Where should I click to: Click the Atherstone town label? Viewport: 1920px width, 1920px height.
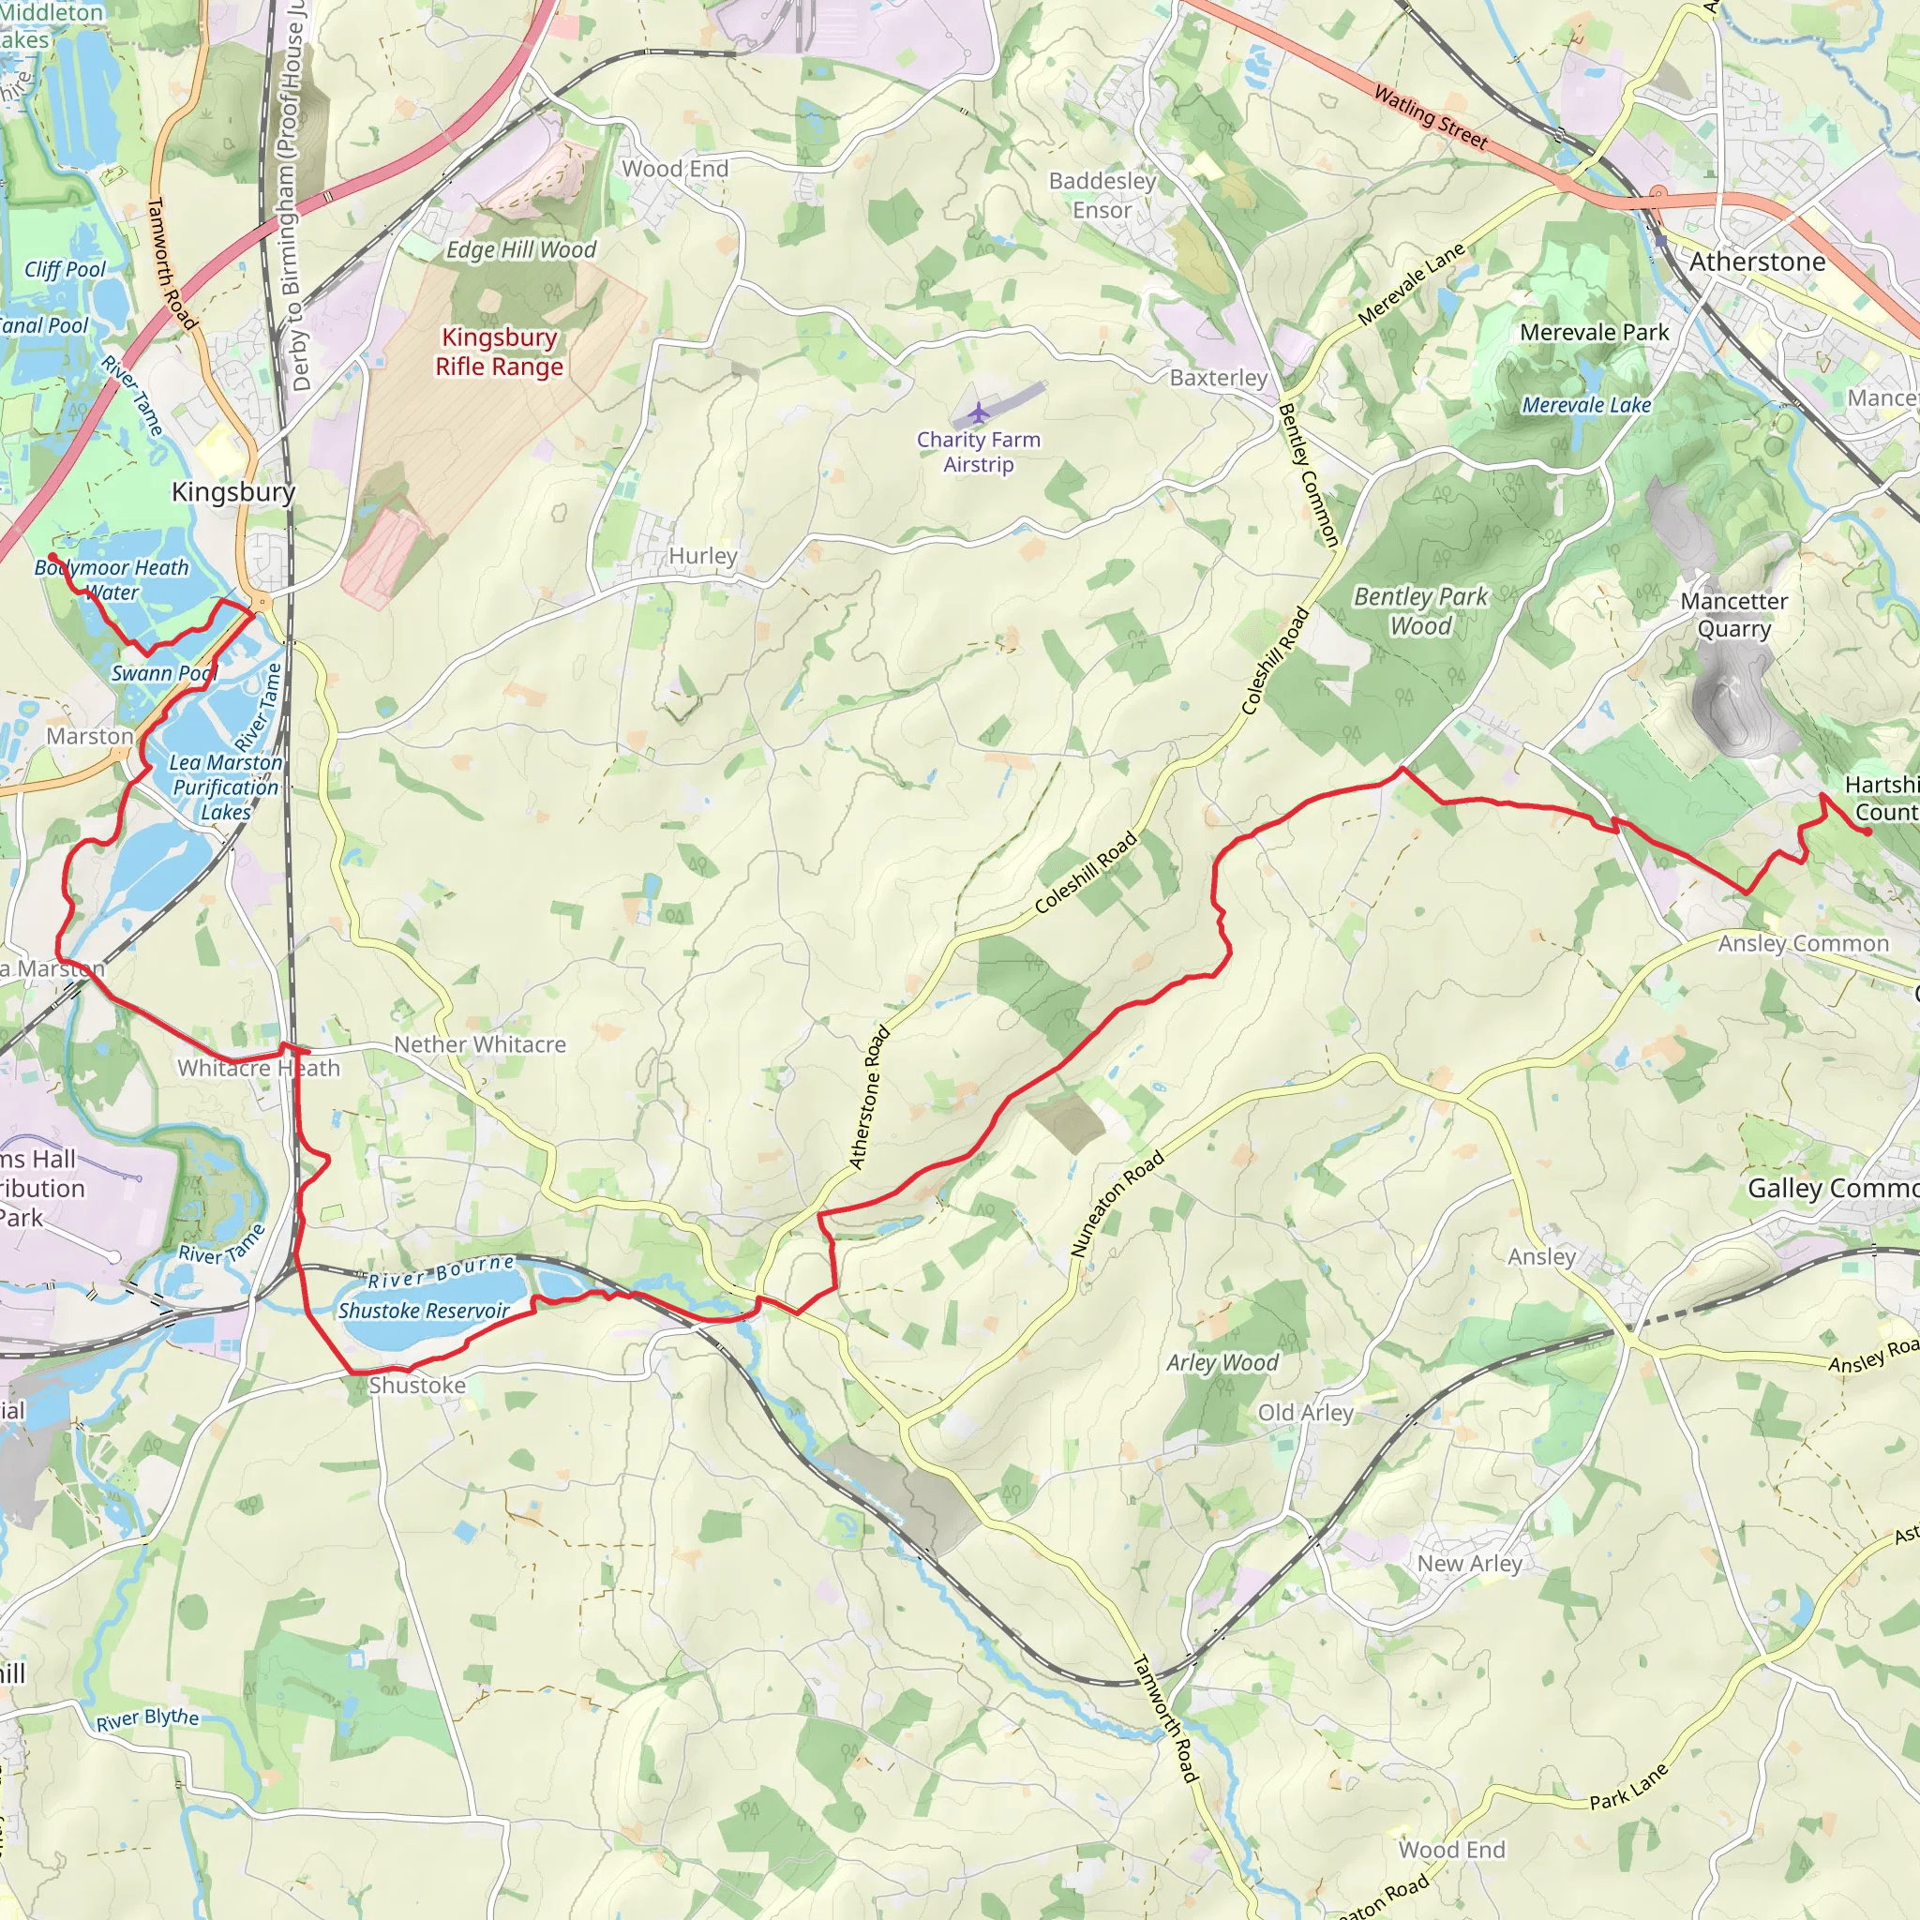point(1757,262)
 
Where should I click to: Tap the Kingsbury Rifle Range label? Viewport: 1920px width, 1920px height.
point(499,352)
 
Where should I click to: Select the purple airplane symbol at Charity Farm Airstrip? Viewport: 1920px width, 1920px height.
point(979,412)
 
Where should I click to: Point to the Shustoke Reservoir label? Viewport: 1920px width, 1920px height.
point(424,1310)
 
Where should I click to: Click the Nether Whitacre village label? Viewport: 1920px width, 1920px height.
point(480,1044)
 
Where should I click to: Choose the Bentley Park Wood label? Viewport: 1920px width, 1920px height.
point(1420,611)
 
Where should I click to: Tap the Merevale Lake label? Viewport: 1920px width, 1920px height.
point(1586,405)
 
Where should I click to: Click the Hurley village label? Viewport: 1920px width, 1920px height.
point(702,556)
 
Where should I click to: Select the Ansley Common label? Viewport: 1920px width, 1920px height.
point(1803,943)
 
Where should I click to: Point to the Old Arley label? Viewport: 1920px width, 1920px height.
point(1305,1413)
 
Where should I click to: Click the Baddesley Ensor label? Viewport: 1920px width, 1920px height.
point(1102,196)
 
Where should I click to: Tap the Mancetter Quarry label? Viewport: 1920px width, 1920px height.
point(1733,615)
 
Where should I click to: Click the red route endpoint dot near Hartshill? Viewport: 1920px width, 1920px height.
point(1868,832)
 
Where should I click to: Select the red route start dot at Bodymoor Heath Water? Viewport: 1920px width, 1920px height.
point(52,557)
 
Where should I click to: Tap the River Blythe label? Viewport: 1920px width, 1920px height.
point(147,1719)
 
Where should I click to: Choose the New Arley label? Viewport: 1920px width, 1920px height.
point(1469,1563)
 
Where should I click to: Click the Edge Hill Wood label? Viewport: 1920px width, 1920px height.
point(520,249)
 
